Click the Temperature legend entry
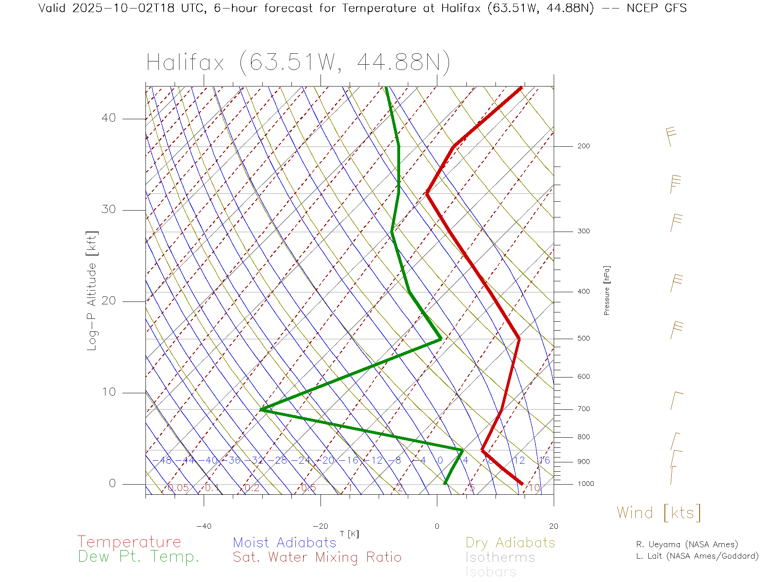pos(129,542)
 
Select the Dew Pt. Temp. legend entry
pos(139,557)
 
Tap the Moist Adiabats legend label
pos(285,542)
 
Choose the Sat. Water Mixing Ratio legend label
pos(317,557)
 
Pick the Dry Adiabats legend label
pos(510,542)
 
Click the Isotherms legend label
pos(500,557)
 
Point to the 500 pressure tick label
pos(583,338)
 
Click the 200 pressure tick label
pos(583,146)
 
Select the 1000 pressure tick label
pos(586,484)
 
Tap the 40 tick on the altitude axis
pos(109,118)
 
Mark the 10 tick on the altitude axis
pos(109,392)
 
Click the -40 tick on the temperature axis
pos(204,526)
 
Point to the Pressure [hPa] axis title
pos(607,290)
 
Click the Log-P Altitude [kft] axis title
pos(92,291)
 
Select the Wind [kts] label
pos(658,512)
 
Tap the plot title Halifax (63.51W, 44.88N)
pos(298,63)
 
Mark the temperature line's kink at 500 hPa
pos(519,339)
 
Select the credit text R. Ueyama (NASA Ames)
pos(687,544)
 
